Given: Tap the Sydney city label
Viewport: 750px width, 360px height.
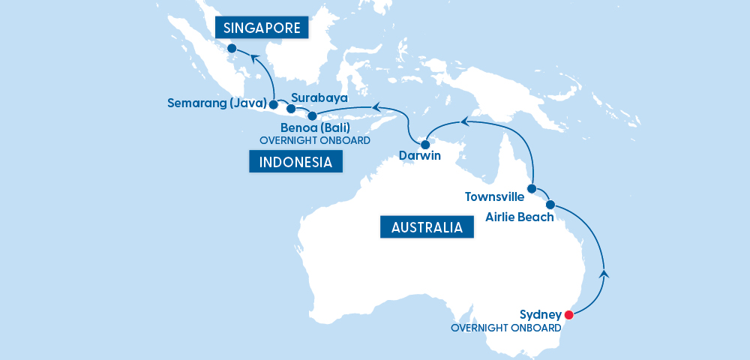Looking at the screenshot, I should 540,314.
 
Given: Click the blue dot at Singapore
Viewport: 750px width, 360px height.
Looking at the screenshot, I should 232,49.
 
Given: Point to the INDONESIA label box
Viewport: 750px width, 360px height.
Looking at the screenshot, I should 295,162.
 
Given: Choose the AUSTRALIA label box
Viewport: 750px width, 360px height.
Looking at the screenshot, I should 427,227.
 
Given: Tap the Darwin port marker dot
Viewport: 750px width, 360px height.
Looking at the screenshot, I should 424,144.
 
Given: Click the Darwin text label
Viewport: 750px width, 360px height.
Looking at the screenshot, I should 419,157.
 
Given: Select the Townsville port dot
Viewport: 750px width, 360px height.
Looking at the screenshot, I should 532,189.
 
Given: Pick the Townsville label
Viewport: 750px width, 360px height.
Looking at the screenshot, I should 495,198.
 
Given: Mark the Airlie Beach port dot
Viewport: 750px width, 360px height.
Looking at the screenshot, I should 550,205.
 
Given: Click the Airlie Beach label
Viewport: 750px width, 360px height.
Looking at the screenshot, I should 519,217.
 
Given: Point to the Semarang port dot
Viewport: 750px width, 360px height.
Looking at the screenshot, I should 273,104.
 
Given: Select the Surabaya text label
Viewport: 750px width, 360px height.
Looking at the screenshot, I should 319,98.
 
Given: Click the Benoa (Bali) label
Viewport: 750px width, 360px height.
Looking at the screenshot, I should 314,128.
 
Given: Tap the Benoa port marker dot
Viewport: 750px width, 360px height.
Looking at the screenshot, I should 312,116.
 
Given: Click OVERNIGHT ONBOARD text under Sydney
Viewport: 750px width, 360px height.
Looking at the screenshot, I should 505,328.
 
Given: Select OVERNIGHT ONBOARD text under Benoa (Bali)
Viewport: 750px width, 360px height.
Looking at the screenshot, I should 314,140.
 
